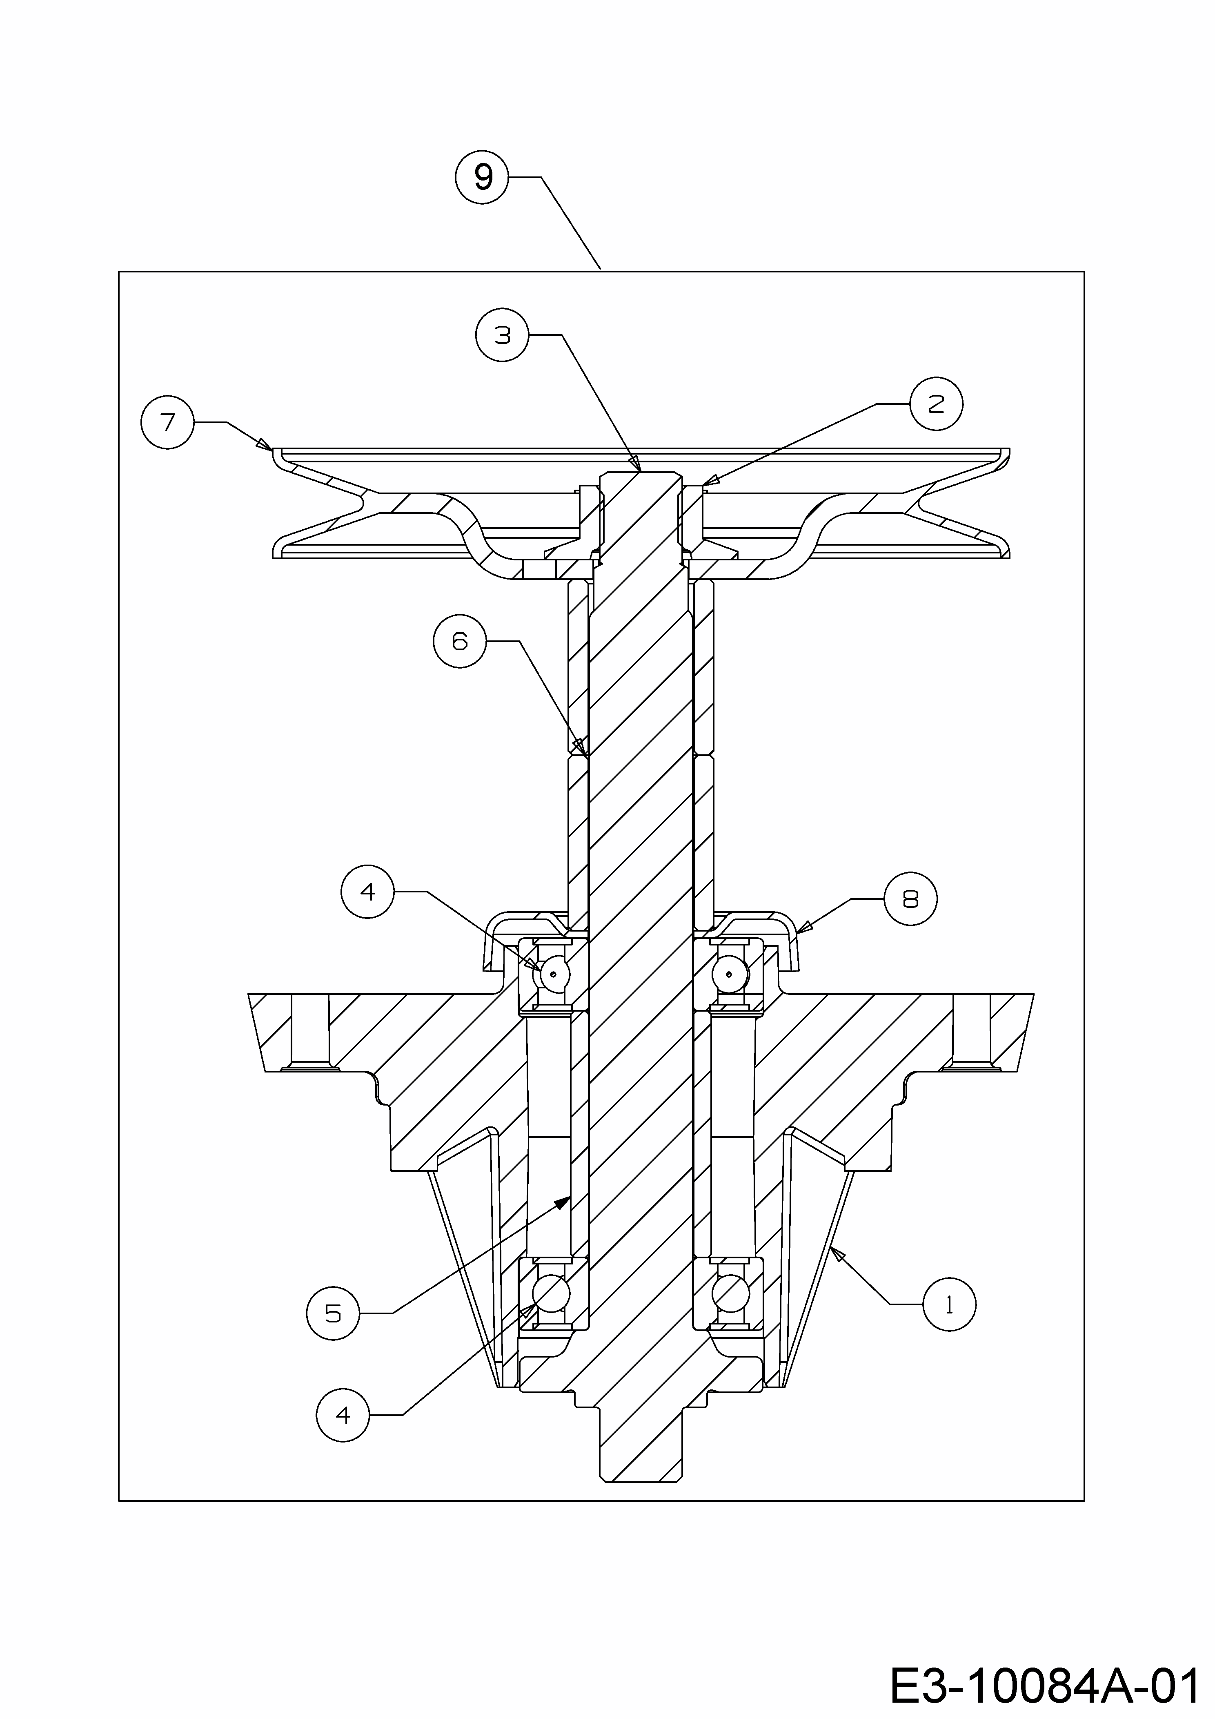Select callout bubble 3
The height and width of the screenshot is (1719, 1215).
coord(502,335)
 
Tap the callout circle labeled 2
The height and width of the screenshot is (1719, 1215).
coord(937,404)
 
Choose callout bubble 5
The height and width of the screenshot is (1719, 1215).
coord(333,1313)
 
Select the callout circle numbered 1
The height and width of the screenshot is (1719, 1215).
coord(949,1305)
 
